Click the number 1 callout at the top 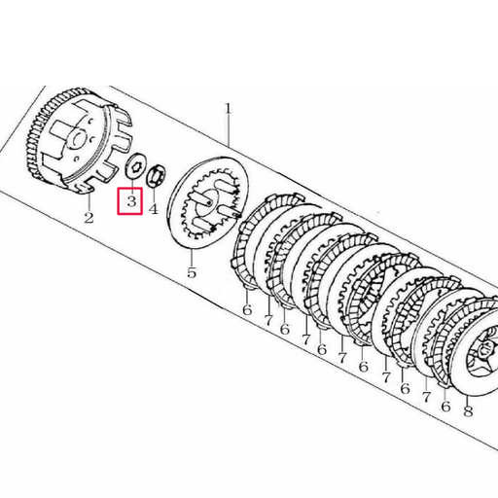pos(229,110)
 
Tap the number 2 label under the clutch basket pos(89,217)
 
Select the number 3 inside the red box pos(130,201)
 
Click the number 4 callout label pos(153,208)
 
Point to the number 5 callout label pos(192,272)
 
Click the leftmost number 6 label pos(247,310)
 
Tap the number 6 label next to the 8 pos(445,405)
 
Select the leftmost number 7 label pos(267,319)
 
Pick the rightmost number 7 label pos(426,398)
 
